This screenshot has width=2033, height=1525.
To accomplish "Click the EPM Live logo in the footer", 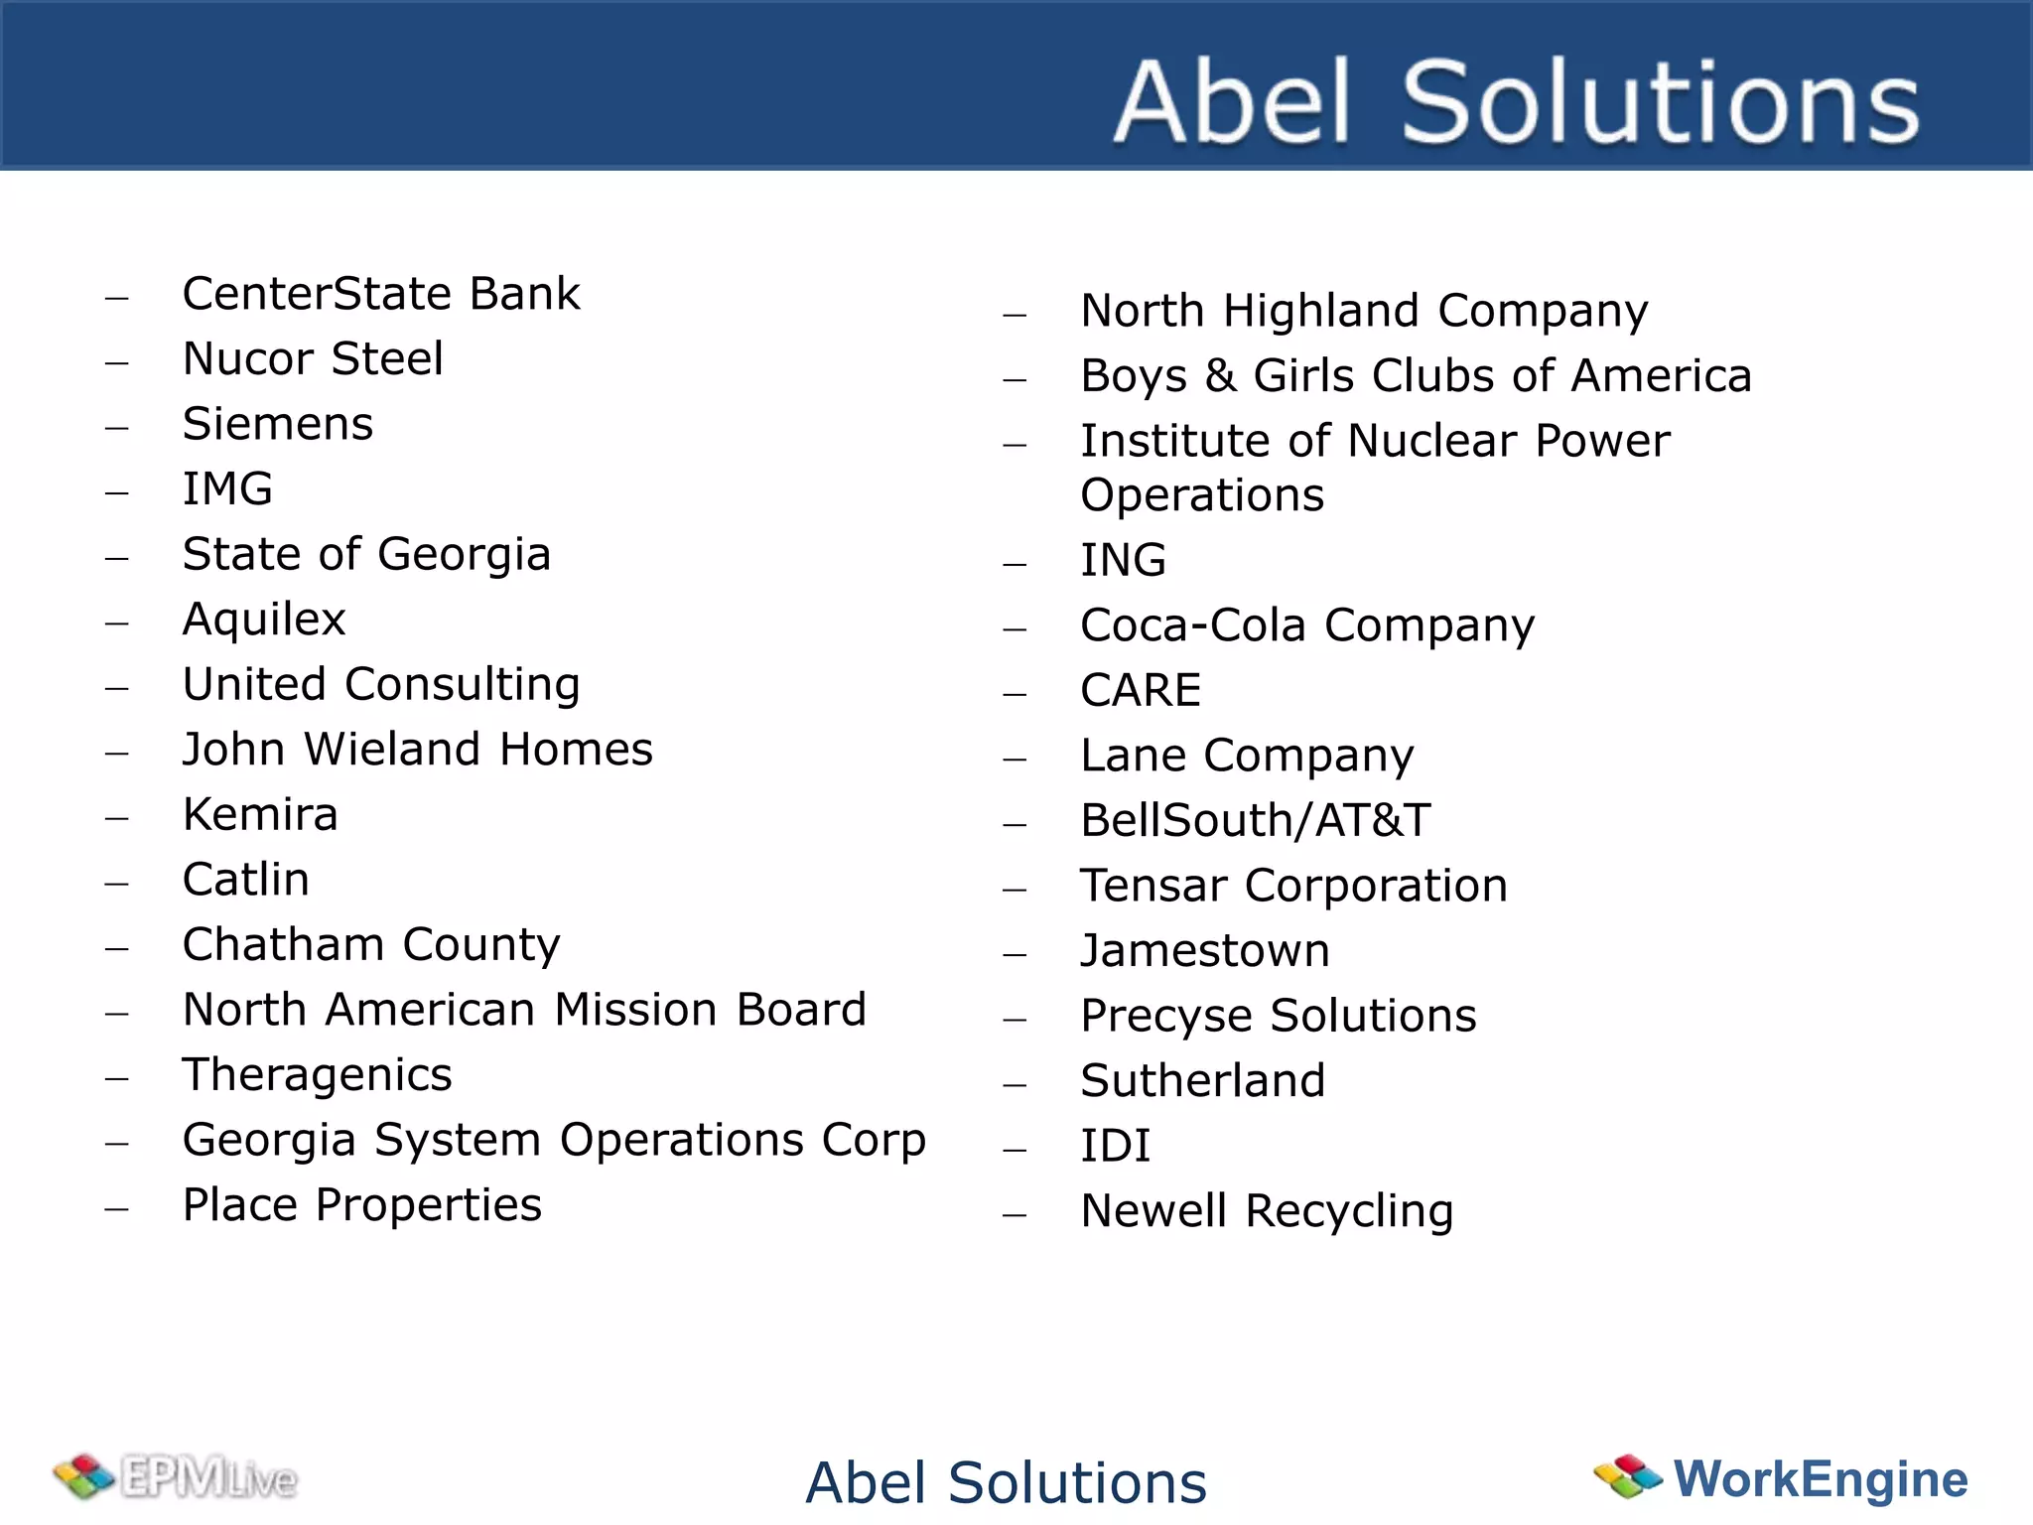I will [176, 1478].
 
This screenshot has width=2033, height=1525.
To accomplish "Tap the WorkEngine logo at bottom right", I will [1781, 1478].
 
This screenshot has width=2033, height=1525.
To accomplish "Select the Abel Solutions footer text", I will [1006, 1482].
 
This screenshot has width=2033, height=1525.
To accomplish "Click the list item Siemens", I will [278, 424].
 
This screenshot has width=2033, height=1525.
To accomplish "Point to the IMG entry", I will [227, 489].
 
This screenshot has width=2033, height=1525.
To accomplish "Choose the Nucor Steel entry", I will [313, 359].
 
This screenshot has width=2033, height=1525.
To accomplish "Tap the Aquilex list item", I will [264, 620].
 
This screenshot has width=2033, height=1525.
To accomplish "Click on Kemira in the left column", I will [260, 815].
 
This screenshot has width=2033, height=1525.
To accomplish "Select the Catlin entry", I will [246, 880].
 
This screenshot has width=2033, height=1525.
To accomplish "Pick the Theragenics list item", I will [318, 1075].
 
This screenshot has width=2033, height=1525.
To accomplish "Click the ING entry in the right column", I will [1123, 560].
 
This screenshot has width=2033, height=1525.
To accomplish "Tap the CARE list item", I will [1141, 690].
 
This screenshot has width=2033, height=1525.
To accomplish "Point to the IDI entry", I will [1116, 1146].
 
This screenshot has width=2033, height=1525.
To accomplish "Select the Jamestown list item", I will [1205, 951].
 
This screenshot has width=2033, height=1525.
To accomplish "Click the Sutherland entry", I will [1203, 1081].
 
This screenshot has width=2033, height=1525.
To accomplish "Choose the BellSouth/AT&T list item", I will [1256, 821].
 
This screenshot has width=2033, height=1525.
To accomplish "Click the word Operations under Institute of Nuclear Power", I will [1202, 495].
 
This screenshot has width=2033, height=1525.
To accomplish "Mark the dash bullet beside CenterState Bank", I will [117, 297].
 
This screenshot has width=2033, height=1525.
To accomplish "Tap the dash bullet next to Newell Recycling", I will [1015, 1214].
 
